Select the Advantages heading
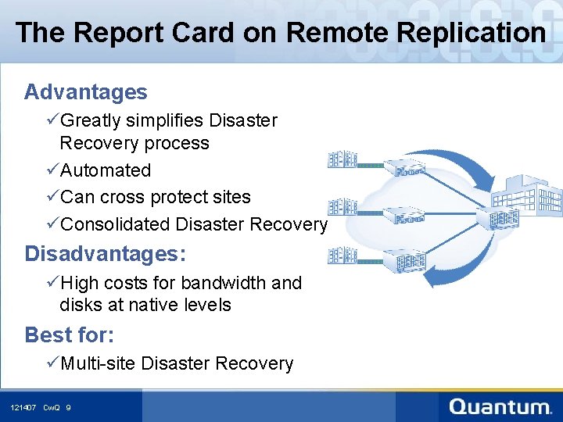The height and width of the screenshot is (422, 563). pyautogui.click(x=85, y=92)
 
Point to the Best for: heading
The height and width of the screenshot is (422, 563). pyautogui.click(x=69, y=335)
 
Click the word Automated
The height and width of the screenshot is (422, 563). pyautogui.click(x=106, y=170)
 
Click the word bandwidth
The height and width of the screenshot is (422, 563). pyautogui.click(x=228, y=283)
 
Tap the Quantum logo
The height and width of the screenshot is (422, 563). pyautogui.click(x=500, y=406)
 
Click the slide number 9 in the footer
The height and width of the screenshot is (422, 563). pyautogui.click(x=69, y=407)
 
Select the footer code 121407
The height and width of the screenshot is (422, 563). pyautogui.click(x=23, y=407)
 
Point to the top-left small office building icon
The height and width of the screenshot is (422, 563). pyautogui.click(x=342, y=159)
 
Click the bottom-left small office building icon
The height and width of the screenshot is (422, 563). pyautogui.click(x=342, y=255)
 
